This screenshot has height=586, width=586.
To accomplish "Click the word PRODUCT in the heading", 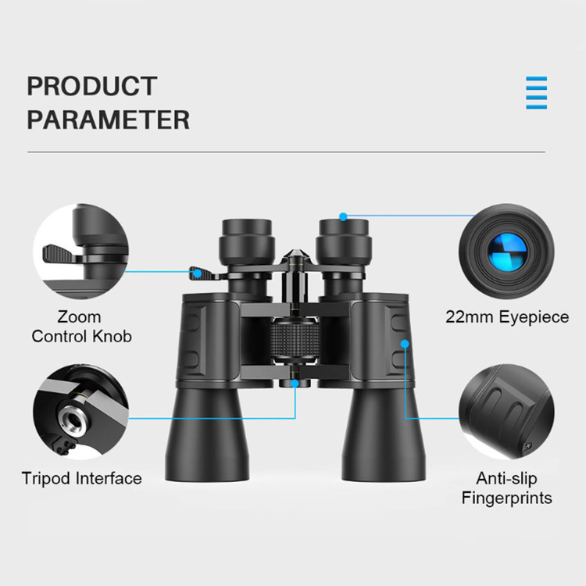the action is [92, 86].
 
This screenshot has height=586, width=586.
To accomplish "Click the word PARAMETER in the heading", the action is [109, 120].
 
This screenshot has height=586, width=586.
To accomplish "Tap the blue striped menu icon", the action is [536, 93].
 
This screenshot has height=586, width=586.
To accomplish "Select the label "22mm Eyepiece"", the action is [507, 317].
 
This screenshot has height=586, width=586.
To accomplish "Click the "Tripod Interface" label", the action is [82, 478].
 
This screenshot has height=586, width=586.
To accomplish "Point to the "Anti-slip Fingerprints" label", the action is [507, 488].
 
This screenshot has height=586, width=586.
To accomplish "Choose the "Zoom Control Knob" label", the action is [81, 327].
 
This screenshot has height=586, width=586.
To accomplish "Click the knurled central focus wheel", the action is [295, 341].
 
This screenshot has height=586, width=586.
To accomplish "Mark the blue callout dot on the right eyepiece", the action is [344, 216].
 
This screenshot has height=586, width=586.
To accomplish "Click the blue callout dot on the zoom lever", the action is [198, 273].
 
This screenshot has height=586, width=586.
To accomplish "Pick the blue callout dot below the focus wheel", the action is [295, 384].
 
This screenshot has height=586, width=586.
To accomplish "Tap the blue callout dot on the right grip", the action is [405, 344].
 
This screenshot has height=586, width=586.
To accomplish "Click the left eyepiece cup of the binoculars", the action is [247, 241].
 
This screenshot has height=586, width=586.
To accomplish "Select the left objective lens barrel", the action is [207, 434].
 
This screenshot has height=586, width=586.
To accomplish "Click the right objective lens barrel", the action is [384, 434].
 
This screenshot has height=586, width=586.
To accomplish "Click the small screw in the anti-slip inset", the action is [527, 445].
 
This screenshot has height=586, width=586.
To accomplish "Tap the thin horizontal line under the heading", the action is [286, 152].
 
